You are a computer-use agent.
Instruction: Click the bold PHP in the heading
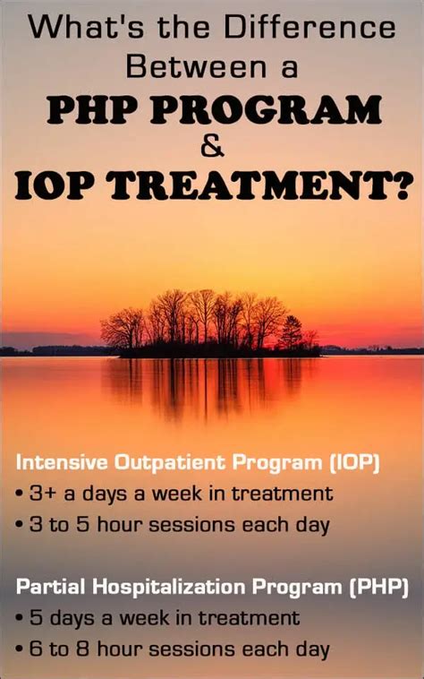click(89, 108)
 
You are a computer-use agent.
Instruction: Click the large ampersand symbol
click(213, 147)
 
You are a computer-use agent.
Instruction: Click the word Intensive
click(61, 463)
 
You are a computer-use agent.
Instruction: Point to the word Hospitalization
click(159, 588)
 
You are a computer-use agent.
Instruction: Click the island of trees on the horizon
click(210, 322)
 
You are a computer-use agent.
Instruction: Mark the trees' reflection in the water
click(210, 385)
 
